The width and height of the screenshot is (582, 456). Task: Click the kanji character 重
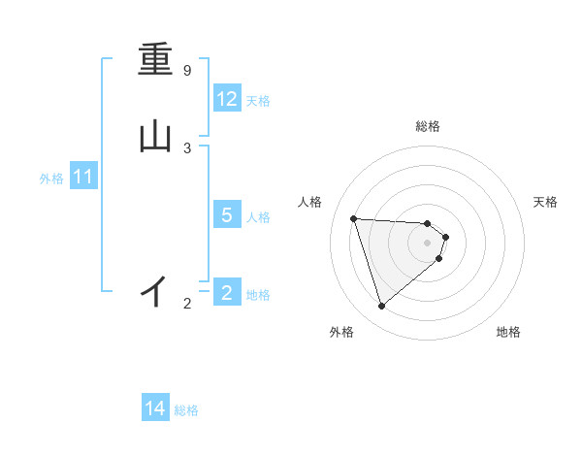point(155,61)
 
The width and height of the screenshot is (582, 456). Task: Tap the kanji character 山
point(155,137)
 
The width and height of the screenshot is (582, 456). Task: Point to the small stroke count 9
point(187,71)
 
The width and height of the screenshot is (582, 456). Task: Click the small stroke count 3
point(187,147)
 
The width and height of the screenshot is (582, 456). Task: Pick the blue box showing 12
point(226,99)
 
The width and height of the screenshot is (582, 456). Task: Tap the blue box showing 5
point(226,214)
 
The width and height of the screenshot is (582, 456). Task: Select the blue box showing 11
point(83,177)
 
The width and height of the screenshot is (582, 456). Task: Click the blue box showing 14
point(154,408)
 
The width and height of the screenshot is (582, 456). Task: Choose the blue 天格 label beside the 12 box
point(258,100)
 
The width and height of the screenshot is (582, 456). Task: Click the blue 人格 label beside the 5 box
point(258,216)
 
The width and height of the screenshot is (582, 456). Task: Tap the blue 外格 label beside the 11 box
point(51,179)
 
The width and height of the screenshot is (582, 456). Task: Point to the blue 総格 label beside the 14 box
point(186,410)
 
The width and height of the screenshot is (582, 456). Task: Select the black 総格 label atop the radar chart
point(427,127)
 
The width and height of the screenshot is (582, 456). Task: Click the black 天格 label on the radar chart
point(545,202)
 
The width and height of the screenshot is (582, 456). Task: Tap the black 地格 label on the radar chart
point(508,332)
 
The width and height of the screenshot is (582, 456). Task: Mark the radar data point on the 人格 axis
point(354,218)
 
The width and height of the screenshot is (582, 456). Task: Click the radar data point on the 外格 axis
point(382,306)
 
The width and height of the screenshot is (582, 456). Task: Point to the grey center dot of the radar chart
point(427,242)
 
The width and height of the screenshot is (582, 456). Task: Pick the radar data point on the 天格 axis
point(445,236)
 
